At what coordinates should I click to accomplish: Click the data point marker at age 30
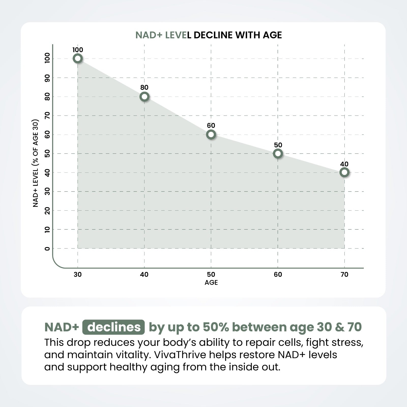pyautogui.click(x=78, y=59)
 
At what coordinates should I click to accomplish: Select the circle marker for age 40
pyautogui.click(x=144, y=97)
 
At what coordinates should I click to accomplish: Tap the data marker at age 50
pyautogui.click(x=211, y=134)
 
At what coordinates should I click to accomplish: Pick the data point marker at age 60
pyautogui.click(x=278, y=153)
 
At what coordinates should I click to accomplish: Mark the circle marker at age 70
pyautogui.click(x=344, y=172)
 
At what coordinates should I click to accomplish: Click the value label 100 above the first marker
pyautogui.click(x=78, y=50)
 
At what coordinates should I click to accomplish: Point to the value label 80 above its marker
pyautogui.click(x=144, y=88)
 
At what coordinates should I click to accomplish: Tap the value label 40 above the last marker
pyautogui.click(x=344, y=164)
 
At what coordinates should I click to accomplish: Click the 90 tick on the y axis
pyautogui.click(x=47, y=78)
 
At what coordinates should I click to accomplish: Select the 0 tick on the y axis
pyautogui.click(x=47, y=249)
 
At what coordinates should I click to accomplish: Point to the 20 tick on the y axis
pyautogui.click(x=47, y=211)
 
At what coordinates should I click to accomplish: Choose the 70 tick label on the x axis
pyautogui.click(x=344, y=274)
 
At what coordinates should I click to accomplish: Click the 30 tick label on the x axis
pyautogui.click(x=78, y=274)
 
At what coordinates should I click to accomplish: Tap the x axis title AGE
pyautogui.click(x=211, y=283)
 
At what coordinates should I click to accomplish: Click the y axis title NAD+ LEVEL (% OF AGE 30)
pyautogui.click(x=36, y=163)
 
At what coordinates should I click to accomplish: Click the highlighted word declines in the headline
pyautogui.click(x=113, y=327)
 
